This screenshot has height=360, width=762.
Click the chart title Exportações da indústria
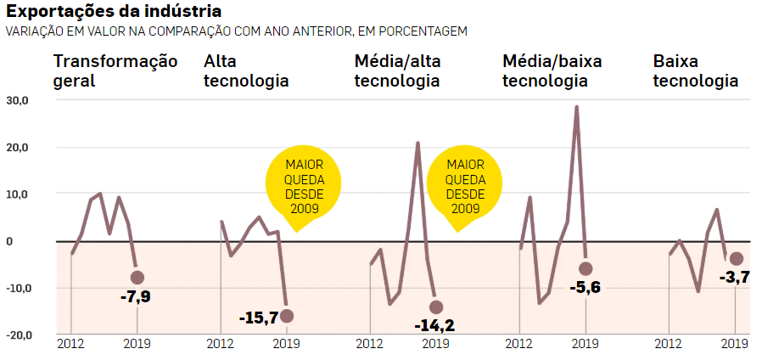pos(115,12)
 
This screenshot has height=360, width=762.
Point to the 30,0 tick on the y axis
pos(17,100)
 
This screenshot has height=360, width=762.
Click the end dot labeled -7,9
pos(137,278)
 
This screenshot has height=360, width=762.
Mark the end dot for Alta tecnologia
pos(287,316)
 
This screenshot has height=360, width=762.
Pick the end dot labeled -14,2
pos(436,307)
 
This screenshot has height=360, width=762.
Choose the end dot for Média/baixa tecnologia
pos(586,268)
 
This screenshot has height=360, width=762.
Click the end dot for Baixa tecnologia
pos(736,259)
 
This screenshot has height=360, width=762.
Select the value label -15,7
pos(260,318)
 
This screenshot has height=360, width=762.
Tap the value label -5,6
pos(586,288)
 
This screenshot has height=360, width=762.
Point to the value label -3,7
pos(734,278)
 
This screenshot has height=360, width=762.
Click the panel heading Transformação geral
pos(115,71)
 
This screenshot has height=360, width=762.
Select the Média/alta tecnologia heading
pos(398,71)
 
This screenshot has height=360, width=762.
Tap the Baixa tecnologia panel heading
pos(696,71)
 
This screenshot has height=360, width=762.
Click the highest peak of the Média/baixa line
pos(576,107)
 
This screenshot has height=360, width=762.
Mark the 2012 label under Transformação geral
pos(70,344)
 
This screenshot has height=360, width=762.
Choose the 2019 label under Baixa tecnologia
pos(735,344)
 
